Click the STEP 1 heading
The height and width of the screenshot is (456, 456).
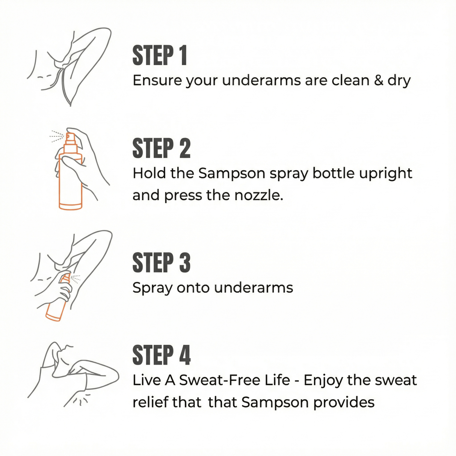click(x=160, y=56)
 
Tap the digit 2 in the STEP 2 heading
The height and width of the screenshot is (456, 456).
click(x=184, y=148)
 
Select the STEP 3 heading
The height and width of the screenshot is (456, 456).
click(x=161, y=263)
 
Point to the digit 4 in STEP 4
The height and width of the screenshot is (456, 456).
click(x=184, y=355)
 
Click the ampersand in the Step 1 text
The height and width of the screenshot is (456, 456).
click(x=378, y=80)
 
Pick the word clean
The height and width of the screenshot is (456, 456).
click(x=346, y=80)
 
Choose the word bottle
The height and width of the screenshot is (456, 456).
click(x=333, y=173)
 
